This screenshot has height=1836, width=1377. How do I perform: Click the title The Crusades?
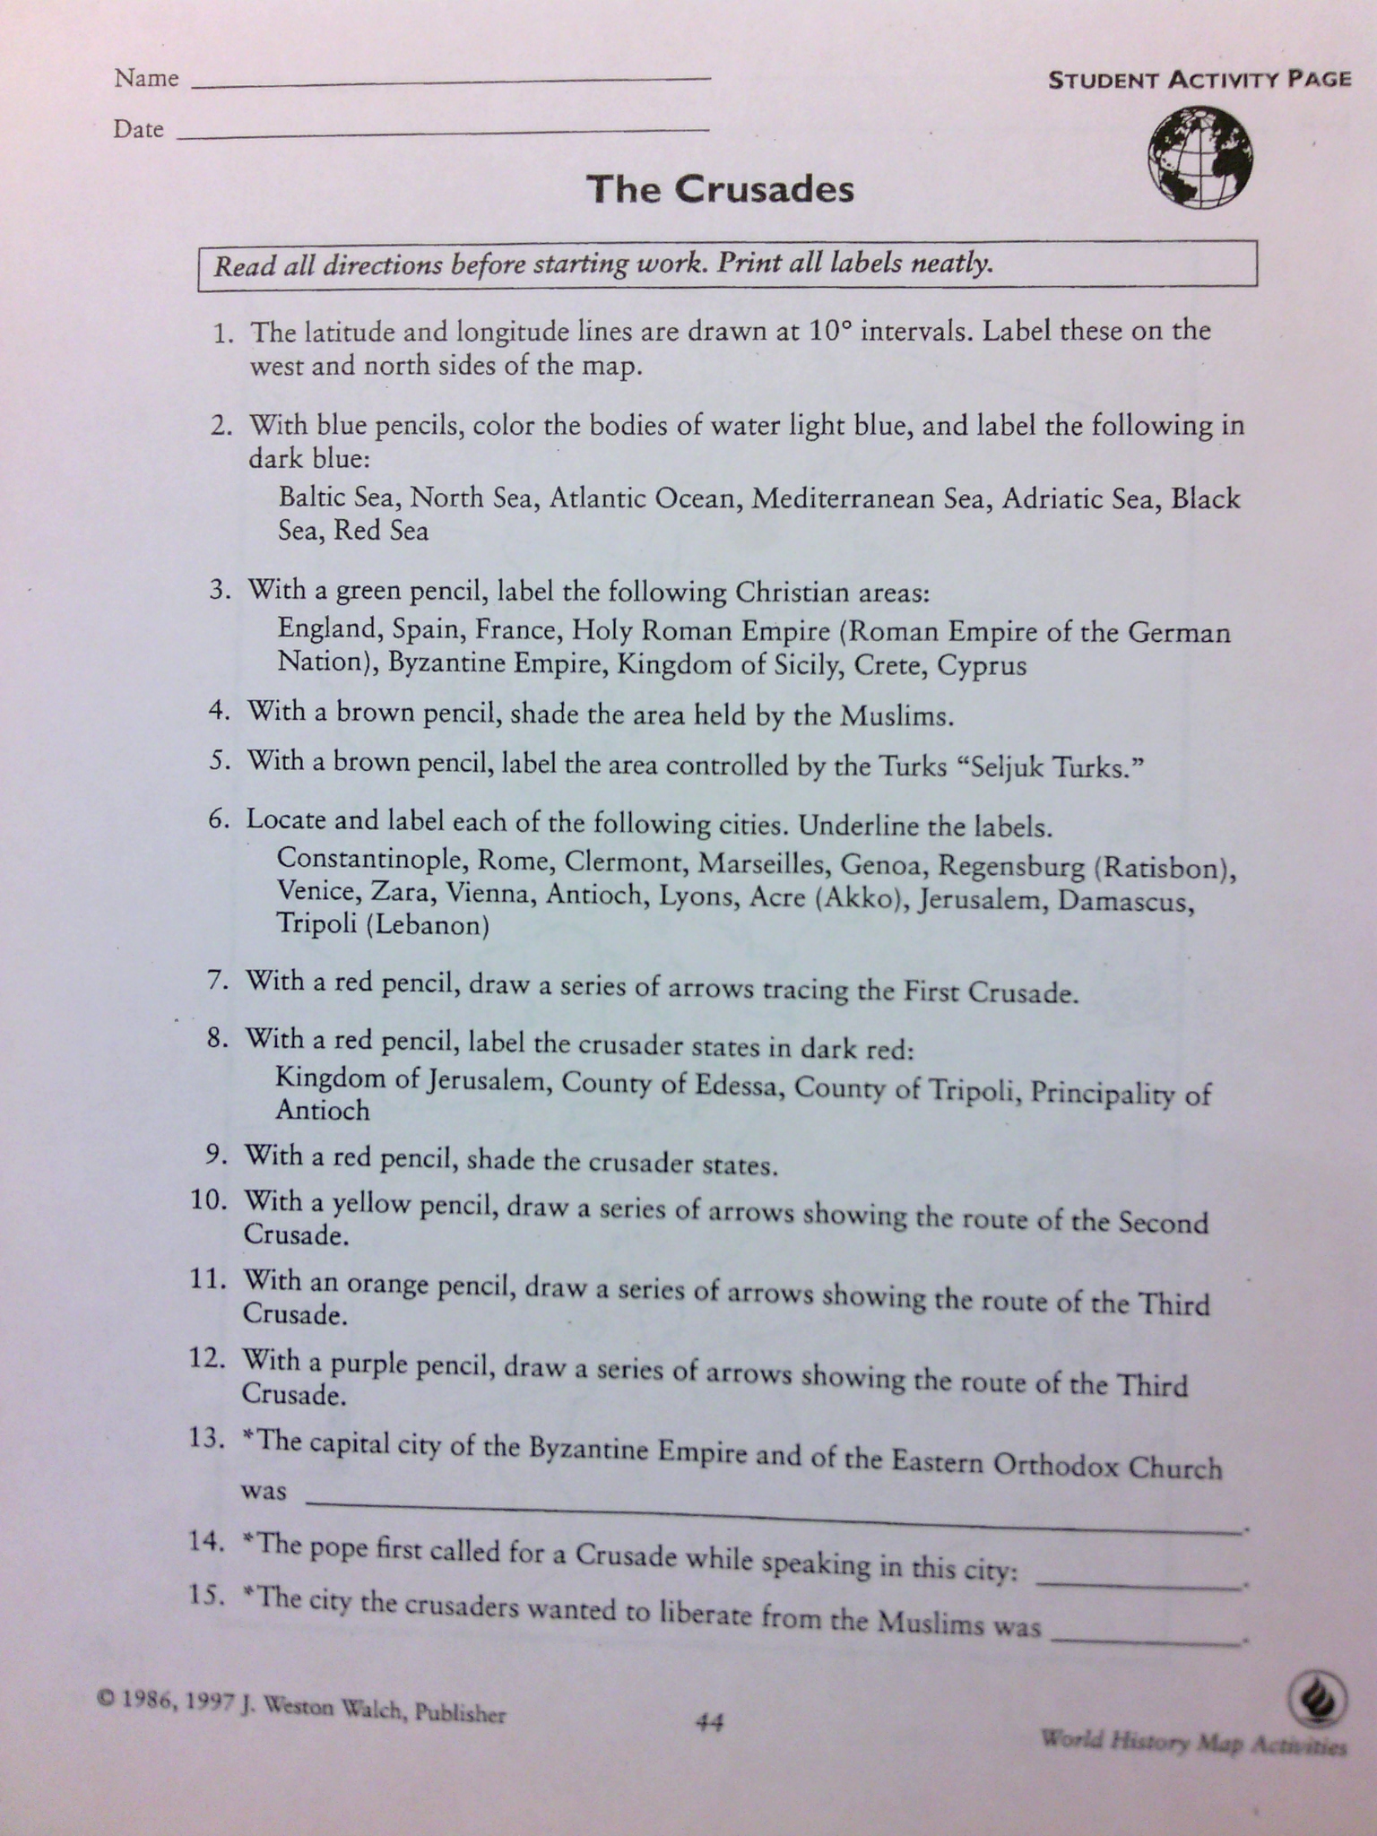tap(720, 189)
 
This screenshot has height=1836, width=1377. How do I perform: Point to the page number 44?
tap(709, 1722)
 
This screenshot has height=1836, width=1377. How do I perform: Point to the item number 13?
tap(205, 1438)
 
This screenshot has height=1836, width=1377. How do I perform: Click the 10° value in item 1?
tap(828, 331)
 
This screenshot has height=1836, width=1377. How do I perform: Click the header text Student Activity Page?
tap(1199, 80)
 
